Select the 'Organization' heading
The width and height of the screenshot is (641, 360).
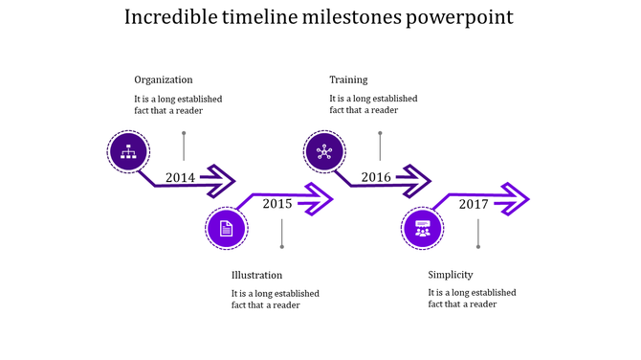164,79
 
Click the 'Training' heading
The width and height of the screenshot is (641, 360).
348,79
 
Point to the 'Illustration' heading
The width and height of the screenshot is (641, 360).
257,275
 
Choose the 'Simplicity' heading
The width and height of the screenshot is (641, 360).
451,275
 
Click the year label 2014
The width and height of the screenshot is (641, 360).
180,177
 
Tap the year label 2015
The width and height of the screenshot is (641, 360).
277,203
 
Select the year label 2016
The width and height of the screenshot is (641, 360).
376,177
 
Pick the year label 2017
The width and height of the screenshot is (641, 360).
474,203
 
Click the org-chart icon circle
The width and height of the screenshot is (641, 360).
127,151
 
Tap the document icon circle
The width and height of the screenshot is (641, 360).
227,228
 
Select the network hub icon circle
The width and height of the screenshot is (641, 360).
324,151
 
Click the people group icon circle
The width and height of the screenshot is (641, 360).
423,228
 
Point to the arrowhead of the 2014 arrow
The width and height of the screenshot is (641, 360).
220,179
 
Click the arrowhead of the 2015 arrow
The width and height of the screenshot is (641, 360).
318,199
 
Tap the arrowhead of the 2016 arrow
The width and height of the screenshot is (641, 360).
416,179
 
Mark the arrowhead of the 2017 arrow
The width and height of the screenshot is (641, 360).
514,199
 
